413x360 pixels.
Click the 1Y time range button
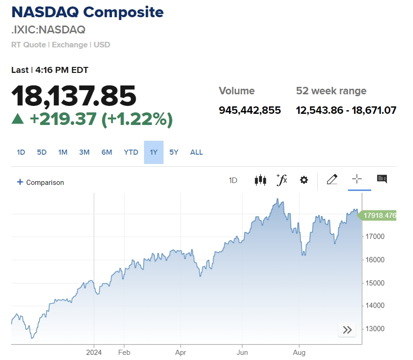point(154,152)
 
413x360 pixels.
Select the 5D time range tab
point(42,152)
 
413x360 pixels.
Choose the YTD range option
point(131,152)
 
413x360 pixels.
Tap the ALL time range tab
point(197,152)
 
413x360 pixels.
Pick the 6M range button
point(107,152)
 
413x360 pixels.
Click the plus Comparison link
point(40,183)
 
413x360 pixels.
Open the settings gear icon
point(304,180)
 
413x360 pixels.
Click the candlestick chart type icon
point(261,180)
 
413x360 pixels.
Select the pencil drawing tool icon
point(332,179)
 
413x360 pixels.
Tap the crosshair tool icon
point(357,179)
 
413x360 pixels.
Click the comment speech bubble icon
point(382,179)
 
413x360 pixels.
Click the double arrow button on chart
point(347,330)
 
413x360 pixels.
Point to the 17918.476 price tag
point(379,216)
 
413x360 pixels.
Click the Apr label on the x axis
point(180,352)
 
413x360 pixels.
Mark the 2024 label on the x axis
point(94,352)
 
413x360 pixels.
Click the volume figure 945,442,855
point(250,110)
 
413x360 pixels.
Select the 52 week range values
point(346,110)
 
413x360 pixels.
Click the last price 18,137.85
point(74,96)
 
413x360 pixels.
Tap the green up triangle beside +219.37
point(18,119)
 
